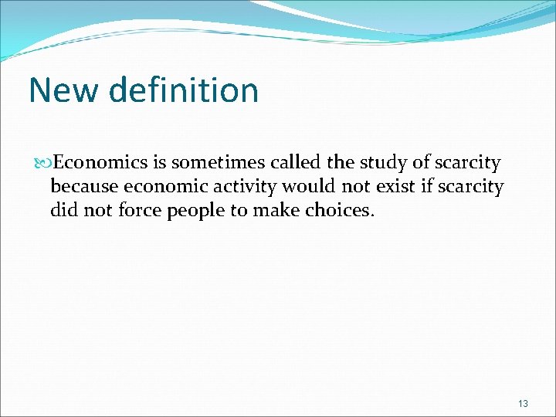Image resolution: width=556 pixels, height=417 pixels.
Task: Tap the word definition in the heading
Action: [x=184, y=90]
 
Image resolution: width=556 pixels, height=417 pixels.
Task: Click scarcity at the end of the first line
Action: [x=468, y=163]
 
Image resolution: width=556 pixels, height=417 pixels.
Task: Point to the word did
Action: [x=63, y=209]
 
